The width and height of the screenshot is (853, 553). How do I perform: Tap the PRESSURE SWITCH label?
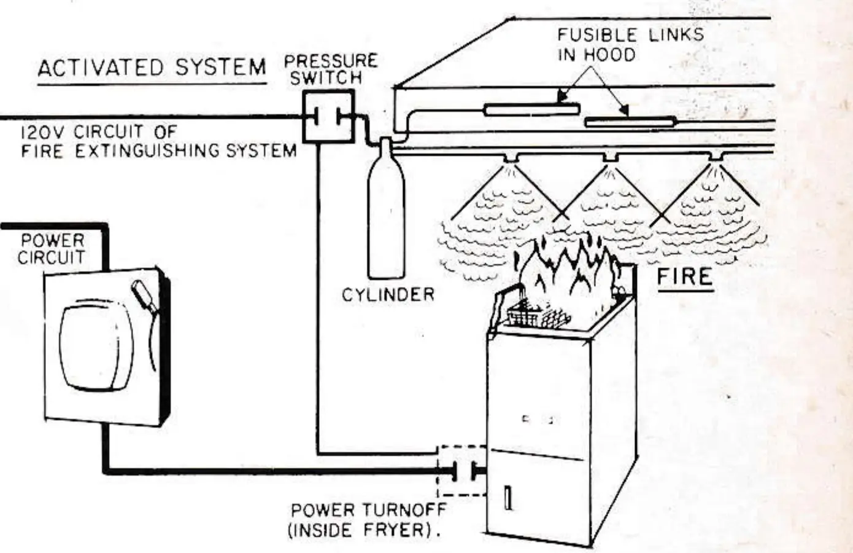pos(331,69)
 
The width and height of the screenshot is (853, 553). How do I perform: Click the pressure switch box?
pos(328,116)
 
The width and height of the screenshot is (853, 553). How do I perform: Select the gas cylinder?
pos(386,209)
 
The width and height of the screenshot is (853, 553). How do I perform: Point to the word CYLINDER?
pos(388,295)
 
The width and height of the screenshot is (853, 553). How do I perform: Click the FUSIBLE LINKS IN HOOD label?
pos(631,45)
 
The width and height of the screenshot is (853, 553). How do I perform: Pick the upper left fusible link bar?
pos(532,110)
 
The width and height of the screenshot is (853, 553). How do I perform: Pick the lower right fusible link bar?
pos(630,122)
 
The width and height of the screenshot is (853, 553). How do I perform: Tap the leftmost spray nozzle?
pos(511,157)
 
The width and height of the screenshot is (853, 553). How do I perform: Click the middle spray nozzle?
pos(611,157)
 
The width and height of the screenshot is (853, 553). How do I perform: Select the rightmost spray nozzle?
pos(716,156)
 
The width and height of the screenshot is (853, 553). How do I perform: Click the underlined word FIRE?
pos(685,276)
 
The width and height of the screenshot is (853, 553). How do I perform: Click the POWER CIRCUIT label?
pos(51,249)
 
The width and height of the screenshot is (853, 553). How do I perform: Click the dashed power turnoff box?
pos(461,471)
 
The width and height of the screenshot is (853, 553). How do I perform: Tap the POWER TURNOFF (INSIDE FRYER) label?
pos(368,520)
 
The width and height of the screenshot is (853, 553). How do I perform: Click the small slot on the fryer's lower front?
pos(508,498)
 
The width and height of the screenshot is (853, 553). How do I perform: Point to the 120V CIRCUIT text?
pos(99,132)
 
